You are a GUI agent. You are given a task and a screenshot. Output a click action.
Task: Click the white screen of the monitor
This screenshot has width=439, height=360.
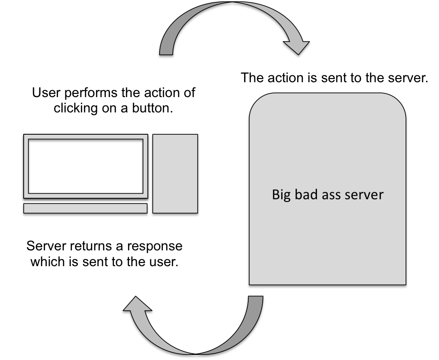[x=85, y=166]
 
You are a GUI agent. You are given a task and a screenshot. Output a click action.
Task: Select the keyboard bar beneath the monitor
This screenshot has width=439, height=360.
[x=85, y=208]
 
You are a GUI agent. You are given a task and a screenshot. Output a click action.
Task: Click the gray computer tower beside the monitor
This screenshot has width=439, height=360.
[x=175, y=173]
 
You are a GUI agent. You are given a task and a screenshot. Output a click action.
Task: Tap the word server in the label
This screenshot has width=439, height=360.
[x=364, y=195]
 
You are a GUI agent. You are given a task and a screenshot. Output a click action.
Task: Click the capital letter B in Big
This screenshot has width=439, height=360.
[x=275, y=194]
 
